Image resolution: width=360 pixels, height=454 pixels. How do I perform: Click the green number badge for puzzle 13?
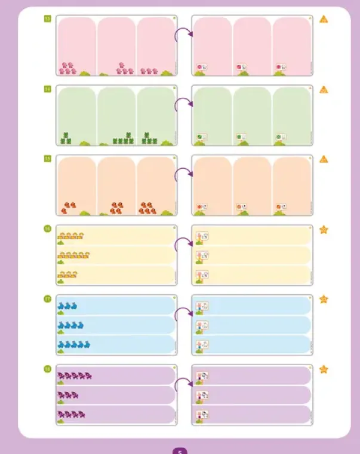coord(47,19)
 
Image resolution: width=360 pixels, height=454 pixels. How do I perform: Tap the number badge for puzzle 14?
coord(47,89)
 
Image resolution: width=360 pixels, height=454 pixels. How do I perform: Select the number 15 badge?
coord(47,159)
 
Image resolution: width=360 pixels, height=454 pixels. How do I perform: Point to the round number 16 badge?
coord(47,228)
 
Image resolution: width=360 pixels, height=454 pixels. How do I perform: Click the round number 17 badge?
coord(47,298)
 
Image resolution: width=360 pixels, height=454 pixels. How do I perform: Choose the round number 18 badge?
coord(47,369)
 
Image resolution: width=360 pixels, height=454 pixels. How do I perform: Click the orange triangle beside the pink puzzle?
coord(324,19)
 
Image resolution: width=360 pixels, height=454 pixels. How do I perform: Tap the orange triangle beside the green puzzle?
coord(324,89)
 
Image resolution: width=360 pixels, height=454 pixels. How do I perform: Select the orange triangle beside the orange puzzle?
coord(324,159)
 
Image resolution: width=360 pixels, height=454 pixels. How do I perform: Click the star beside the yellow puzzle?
coord(324,229)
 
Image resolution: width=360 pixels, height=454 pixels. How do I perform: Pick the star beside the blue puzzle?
coord(324,299)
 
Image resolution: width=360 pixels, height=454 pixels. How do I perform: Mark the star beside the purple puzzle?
coord(324,369)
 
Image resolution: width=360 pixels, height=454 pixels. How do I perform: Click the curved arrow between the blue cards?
coord(183,313)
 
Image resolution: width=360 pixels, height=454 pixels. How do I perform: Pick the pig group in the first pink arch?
coord(67,69)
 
